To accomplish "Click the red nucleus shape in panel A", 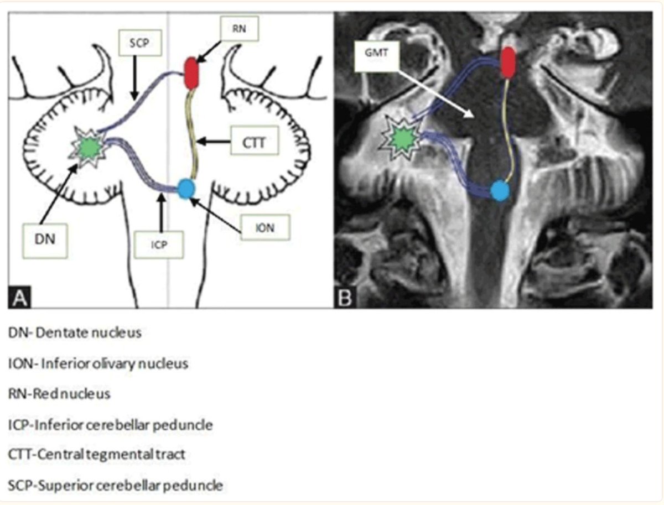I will click(x=190, y=73).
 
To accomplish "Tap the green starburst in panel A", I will click(x=88, y=147).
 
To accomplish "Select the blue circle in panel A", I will click(x=186, y=189).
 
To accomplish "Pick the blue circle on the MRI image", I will click(x=500, y=190).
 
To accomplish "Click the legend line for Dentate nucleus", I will click(x=75, y=333).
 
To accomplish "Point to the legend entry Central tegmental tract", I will click(x=97, y=455).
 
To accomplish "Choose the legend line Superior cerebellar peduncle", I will click(x=116, y=486).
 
